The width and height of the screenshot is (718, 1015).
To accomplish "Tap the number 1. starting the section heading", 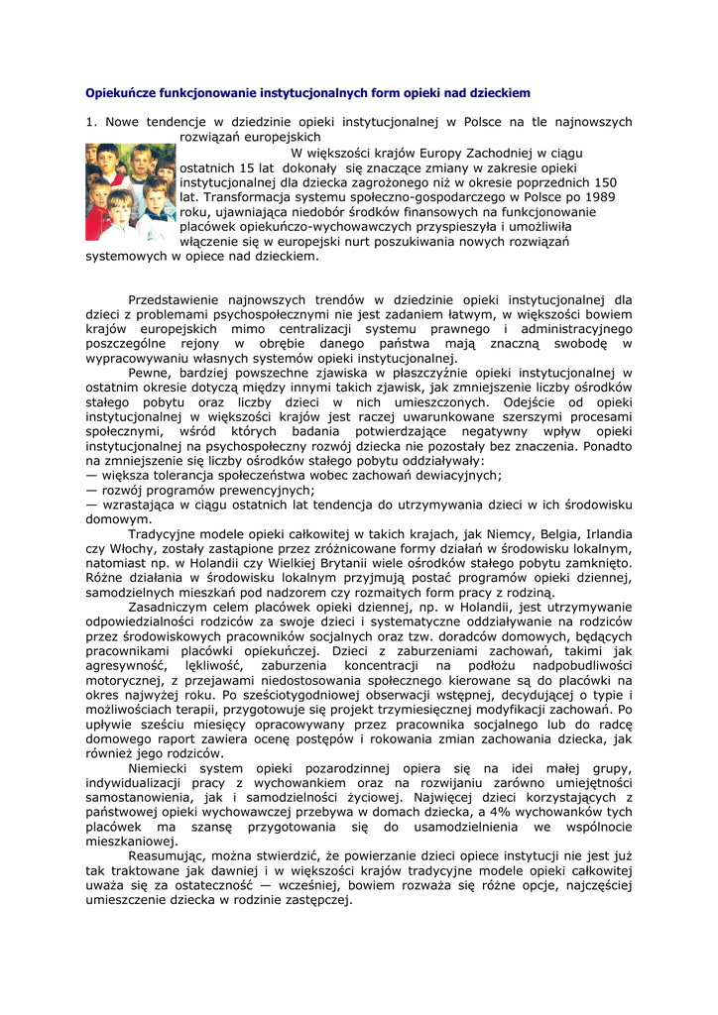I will [91, 122].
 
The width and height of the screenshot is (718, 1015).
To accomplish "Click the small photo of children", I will [130, 192].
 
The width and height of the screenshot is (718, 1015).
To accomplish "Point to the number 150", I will [604, 182].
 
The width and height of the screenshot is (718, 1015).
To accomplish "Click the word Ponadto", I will [607, 446].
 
